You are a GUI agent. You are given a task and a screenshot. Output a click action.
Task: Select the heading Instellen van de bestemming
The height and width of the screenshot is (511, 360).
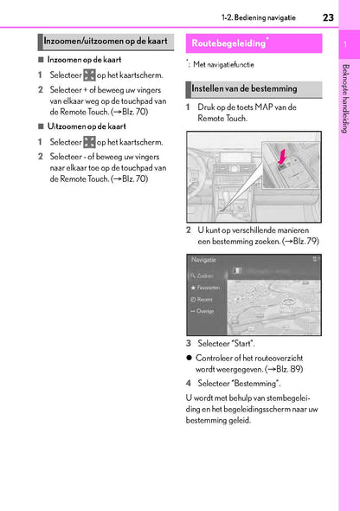(x=244, y=88)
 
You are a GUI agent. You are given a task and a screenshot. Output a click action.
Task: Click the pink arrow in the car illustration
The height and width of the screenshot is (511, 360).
(x=282, y=158)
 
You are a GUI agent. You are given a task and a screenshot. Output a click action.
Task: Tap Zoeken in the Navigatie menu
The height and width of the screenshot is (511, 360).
(x=207, y=275)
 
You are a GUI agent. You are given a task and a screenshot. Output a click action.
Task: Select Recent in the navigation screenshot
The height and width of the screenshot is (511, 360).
(x=206, y=299)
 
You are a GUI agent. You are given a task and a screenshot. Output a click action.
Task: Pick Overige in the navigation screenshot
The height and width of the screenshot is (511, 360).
(x=207, y=311)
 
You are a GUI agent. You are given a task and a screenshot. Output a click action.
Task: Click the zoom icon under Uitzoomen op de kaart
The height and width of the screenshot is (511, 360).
(x=88, y=141)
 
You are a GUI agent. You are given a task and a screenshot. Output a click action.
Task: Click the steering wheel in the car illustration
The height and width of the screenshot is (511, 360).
(x=208, y=178)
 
